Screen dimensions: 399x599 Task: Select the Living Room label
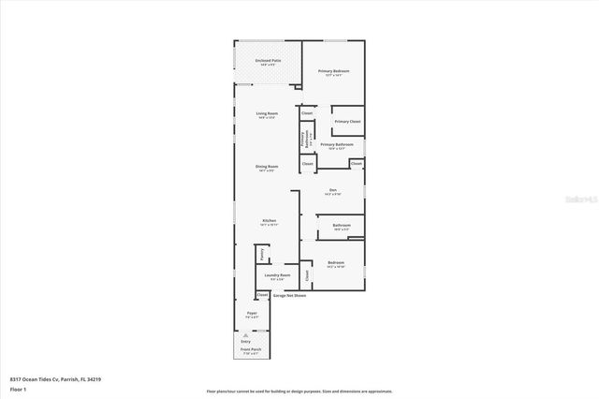coord(267,114)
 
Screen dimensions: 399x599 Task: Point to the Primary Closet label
coord(347,122)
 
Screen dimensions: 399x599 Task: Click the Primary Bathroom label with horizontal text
coord(336,145)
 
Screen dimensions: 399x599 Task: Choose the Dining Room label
coord(267,167)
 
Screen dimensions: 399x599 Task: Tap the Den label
coord(332,191)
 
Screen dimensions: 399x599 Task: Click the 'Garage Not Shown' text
coord(289,295)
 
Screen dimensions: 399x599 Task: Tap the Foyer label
coord(252,314)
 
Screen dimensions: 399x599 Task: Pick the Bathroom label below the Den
coord(341,226)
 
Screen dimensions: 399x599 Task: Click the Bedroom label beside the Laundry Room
coord(336,263)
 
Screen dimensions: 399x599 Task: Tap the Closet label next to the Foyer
coord(262,295)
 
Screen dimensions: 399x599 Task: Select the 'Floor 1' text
coord(18,389)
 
